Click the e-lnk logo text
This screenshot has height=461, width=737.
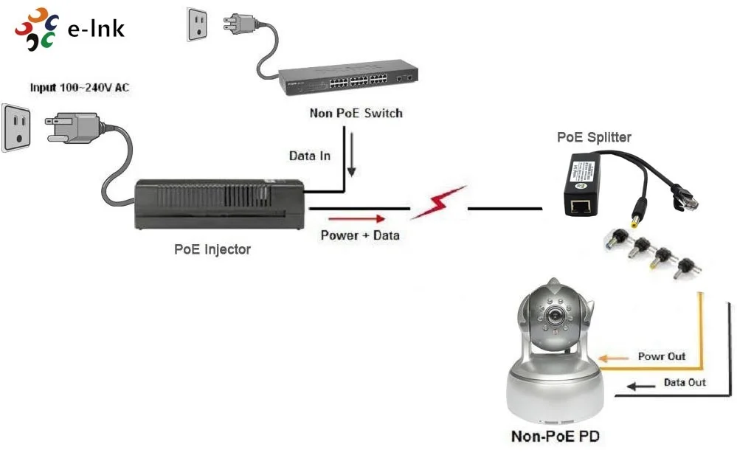coord(95,29)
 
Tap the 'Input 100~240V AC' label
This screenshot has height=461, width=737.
coord(79,88)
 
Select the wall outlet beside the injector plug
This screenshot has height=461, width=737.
coord(18,127)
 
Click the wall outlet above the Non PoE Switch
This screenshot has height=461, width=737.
coord(198,26)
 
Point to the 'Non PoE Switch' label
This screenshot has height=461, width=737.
coord(356,114)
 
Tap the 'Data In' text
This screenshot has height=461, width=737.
coord(309,156)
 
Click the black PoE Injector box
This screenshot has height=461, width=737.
coord(218,205)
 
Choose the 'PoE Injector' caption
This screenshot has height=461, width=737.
coord(212,249)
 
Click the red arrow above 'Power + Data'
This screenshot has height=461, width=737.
coord(356,218)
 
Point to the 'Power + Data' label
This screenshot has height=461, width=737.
coord(359,235)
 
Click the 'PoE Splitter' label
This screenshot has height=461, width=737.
coord(594,137)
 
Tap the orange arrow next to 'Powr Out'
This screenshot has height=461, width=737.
coord(612,358)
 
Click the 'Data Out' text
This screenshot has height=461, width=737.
coord(684,382)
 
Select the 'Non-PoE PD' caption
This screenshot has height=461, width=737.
coord(555,436)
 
